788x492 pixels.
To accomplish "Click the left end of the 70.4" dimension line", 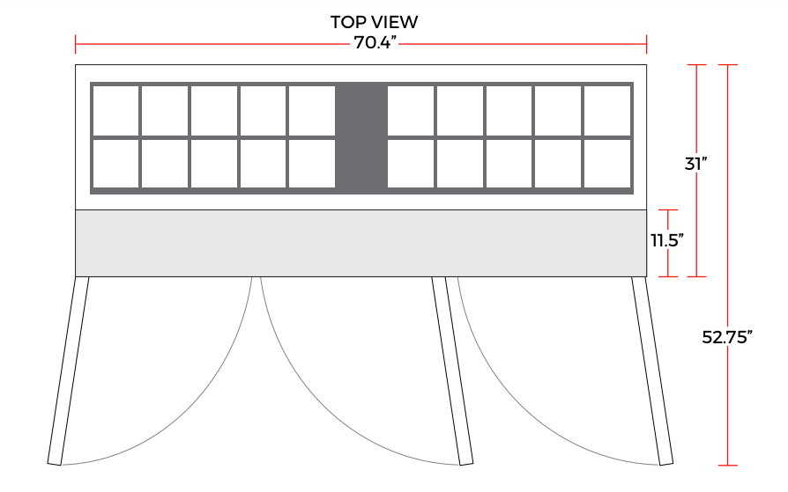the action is [76, 44].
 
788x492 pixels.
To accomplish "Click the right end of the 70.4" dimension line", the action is [646, 44].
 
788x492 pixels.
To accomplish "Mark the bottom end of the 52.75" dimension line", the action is [728, 466].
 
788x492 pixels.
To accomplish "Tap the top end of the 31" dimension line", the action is [696, 65].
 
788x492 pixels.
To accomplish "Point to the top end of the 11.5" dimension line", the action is [668, 209].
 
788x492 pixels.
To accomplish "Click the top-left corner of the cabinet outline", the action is [76, 65].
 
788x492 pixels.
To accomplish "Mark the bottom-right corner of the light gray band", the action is [646, 276].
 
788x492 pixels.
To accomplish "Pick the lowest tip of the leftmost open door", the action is [55, 465].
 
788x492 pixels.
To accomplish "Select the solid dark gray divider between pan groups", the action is [361, 138].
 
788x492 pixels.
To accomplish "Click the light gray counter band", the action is [361, 243].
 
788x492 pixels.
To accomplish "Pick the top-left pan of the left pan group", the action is [116, 110].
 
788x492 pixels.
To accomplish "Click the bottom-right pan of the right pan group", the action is [607, 164].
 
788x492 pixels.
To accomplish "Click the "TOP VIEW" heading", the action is [374, 22].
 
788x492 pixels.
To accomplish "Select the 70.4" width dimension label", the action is [375, 42].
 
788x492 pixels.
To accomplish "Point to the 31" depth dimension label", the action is [696, 164].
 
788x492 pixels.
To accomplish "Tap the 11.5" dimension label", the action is [667, 241].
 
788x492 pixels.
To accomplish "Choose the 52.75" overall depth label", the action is [727, 337].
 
